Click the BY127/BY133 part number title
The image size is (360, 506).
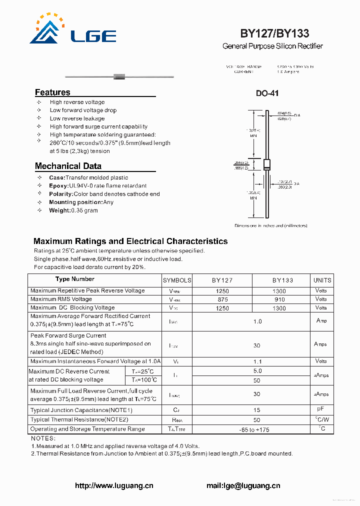tap(274, 33)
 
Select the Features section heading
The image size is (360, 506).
tap(52, 92)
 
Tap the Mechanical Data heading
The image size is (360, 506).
tap(68, 166)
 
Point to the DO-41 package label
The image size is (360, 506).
tap(267, 93)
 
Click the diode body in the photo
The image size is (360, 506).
tap(119, 76)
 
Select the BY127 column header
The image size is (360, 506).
tap(222, 280)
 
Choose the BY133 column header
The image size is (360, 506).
tap(282, 280)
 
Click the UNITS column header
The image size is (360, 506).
tap(322, 280)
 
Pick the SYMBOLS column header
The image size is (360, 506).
tap(177, 280)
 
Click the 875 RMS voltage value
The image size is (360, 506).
tap(222, 299)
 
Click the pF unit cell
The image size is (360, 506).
tap(321, 409)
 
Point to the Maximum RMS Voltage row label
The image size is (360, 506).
tap(61, 299)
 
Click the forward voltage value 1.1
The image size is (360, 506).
tap(257, 361)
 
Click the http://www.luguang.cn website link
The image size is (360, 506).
tap(114, 485)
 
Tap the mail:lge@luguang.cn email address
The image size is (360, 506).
tap(243, 485)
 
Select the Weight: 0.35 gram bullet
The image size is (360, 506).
tap(73, 210)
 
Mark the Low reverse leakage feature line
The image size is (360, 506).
tap(77, 118)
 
